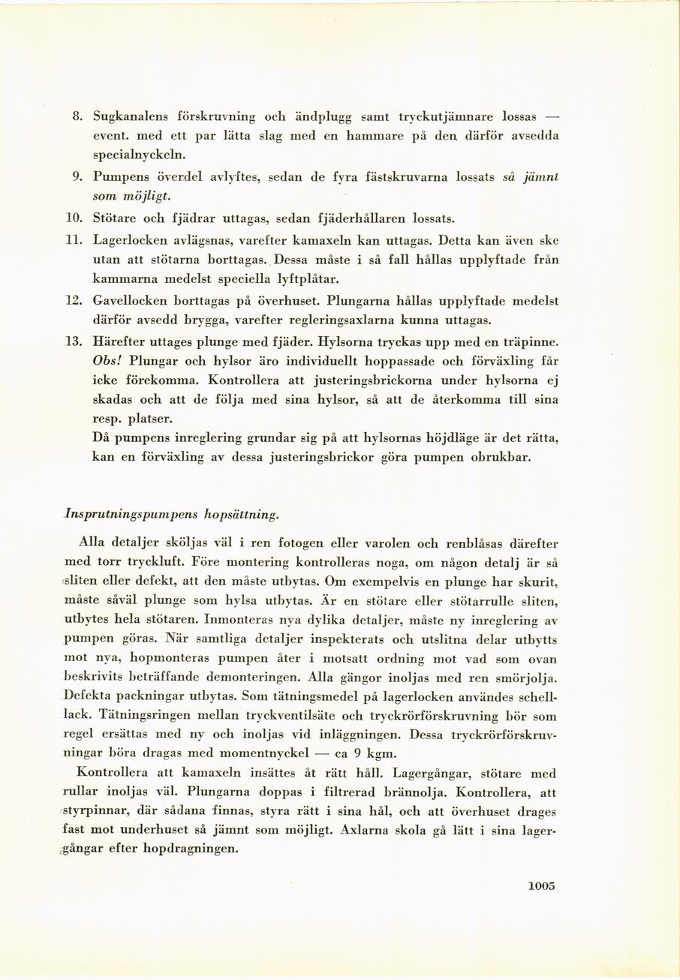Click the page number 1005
point(540,885)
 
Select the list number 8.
point(76,117)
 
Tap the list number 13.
point(73,341)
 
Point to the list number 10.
point(73,218)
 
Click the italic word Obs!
point(107,360)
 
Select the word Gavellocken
point(128,301)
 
